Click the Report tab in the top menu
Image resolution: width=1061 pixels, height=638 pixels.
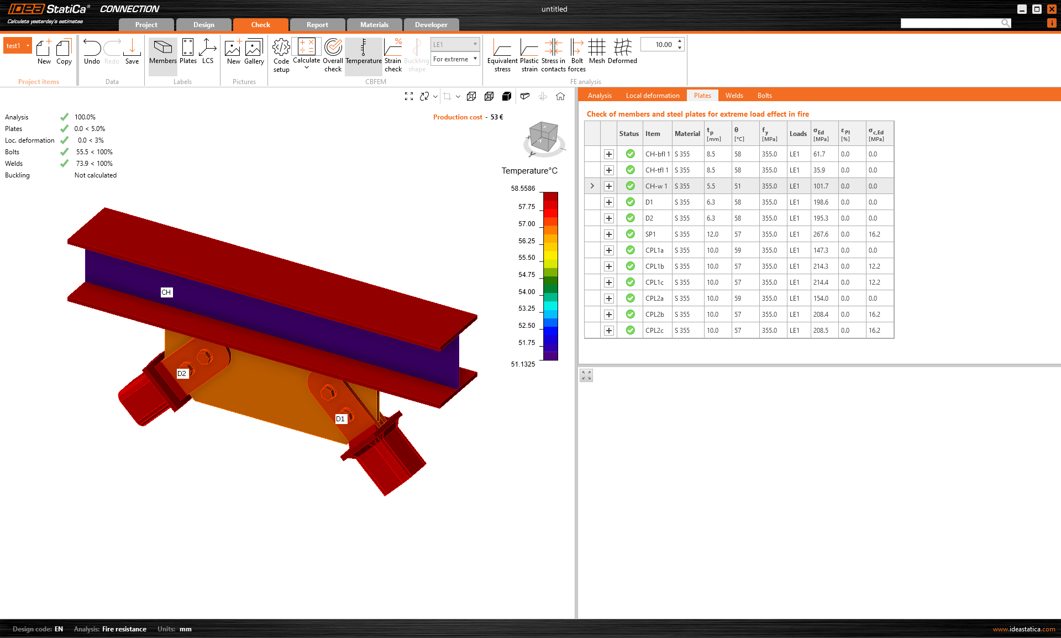point(317,24)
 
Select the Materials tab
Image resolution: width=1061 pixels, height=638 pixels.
point(374,24)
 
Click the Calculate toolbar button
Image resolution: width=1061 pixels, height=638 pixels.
point(306,53)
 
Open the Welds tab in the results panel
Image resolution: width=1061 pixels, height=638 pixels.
point(734,95)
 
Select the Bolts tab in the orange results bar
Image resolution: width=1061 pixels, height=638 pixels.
point(764,95)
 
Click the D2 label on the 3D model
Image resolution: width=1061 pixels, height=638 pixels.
point(182,374)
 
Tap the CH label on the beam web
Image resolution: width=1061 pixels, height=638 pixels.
point(166,292)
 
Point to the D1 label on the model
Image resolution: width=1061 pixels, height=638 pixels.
point(340,419)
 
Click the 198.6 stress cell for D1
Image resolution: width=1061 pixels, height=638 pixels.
point(821,202)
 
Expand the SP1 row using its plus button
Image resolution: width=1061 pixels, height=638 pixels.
point(608,234)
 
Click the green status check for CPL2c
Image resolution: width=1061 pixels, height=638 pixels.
point(630,331)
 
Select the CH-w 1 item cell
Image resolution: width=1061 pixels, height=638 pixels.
point(656,186)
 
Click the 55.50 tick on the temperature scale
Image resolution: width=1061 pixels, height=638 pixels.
point(527,258)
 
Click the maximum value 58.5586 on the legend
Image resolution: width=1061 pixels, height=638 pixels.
point(523,189)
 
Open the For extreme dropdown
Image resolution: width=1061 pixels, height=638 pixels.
point(455,59)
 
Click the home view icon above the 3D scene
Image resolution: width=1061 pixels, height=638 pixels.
point(560,96)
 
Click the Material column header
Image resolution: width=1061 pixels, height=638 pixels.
point(687,134)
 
